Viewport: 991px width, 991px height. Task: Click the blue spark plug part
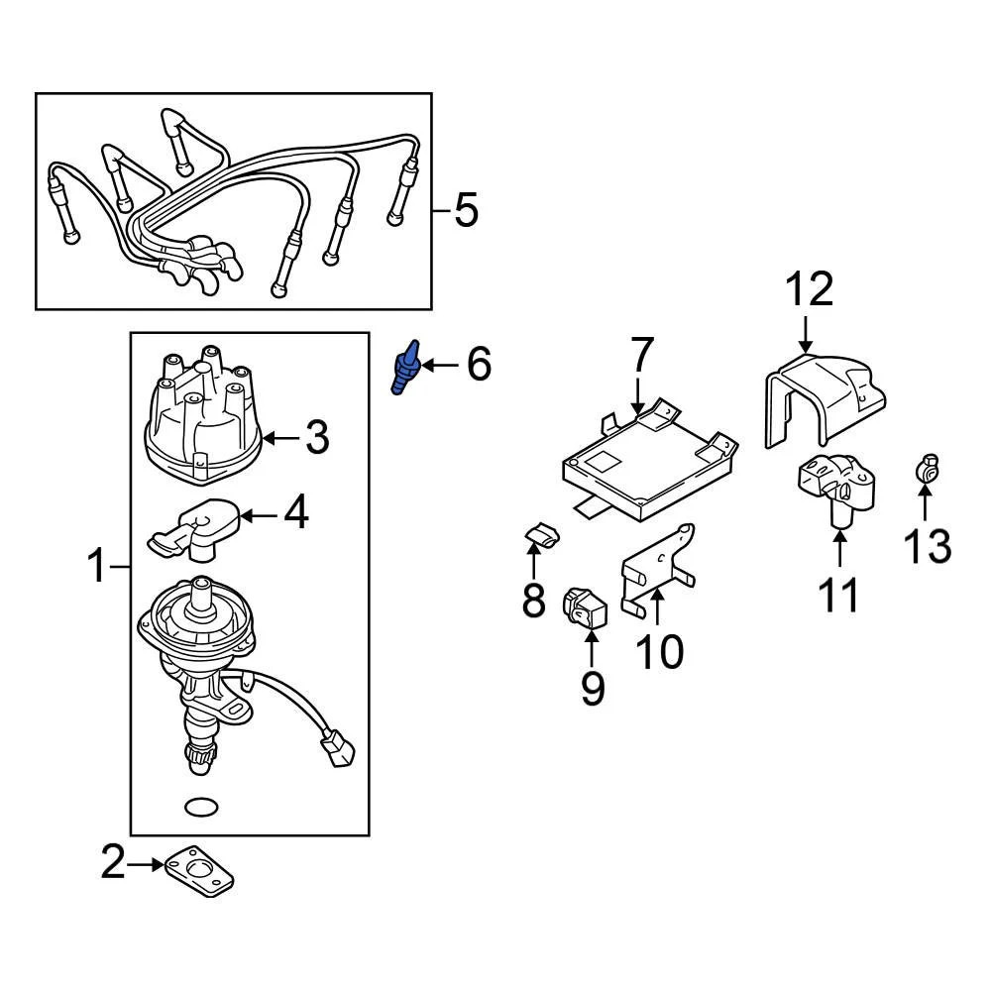tap(407, 370)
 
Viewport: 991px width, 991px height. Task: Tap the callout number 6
tap(478, 365)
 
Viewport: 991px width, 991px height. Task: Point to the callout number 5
tap(465, 210)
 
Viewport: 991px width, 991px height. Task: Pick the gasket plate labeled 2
tap(201, 869)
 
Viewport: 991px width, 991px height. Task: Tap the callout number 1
tap(96, 568)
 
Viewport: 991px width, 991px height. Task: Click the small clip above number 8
tap(539, 536)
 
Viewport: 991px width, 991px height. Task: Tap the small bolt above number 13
tap(928, 467)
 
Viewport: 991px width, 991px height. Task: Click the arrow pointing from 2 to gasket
tap(147, 864)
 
